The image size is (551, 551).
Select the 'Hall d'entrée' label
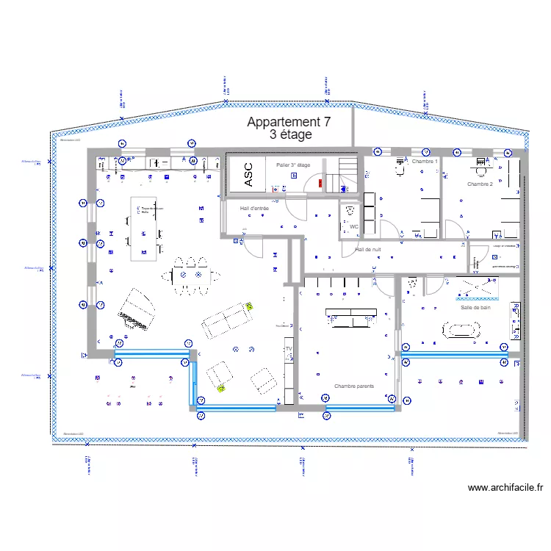tap(254, 209)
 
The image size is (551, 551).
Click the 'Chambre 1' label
tap(424, 161)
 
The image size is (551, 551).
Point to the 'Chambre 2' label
tap(480, 184)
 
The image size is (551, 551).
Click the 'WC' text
tap(353, 227)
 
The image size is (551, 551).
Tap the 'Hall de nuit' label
tap(368, 250)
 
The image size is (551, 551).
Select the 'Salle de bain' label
tap(475, 308)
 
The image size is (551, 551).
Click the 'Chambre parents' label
tap(353, 386)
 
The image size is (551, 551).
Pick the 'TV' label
tap(289, 349)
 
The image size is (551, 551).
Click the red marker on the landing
tap(320, 184)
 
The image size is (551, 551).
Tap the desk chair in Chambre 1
tap(401, 170)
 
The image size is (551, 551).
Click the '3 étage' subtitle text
tap(291, 135)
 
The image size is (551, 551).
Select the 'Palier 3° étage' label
tap(293, 165)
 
